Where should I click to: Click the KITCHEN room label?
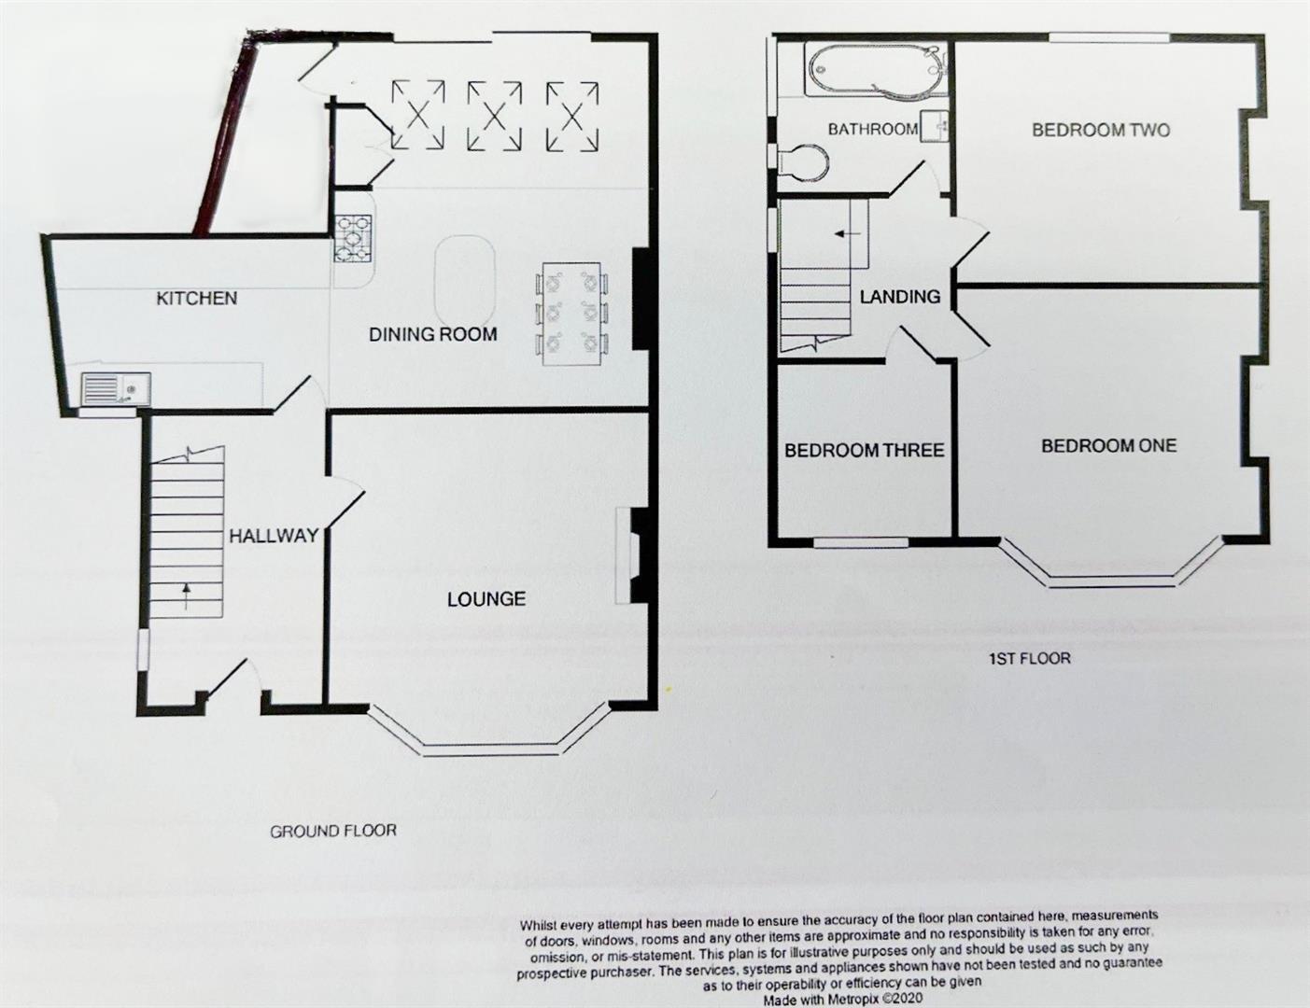196,299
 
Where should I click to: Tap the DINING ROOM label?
432,334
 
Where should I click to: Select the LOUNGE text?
486,599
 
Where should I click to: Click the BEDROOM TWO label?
1100,130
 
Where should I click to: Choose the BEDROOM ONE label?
1108,446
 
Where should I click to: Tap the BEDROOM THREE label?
864,451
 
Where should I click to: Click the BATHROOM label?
872,130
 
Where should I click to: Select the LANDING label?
899,297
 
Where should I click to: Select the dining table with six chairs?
573,312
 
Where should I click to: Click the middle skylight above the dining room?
494,115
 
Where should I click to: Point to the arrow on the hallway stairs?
187,595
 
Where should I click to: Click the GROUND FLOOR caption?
333,831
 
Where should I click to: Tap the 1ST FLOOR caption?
1029,658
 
